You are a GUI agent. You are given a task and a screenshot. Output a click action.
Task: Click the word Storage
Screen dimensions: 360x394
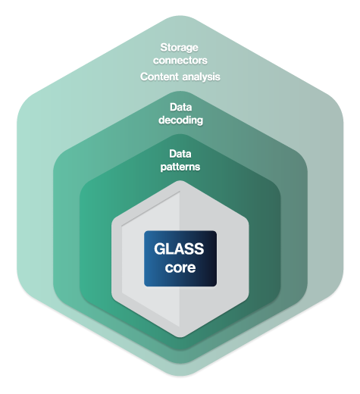180,48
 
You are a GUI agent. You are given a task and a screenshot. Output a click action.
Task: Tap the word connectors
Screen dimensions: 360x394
180,61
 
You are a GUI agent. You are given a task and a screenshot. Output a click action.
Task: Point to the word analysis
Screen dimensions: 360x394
201,77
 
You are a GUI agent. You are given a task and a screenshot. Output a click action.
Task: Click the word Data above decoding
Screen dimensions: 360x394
180,108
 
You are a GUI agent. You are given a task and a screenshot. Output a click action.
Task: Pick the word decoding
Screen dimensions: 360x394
180,120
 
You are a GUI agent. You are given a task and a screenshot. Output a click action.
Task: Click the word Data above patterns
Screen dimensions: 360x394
180,154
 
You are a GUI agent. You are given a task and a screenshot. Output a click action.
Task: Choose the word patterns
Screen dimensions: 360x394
180,167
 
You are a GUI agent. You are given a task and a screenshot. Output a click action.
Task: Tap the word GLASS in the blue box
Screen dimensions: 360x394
179,249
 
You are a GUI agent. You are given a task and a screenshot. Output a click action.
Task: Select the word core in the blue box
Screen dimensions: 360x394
180,267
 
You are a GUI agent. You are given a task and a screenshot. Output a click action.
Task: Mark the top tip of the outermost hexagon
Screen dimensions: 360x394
180,16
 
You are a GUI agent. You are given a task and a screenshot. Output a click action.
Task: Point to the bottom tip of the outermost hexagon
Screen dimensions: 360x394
180,377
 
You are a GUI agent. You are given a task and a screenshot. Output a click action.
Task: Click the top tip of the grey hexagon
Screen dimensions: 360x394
180,180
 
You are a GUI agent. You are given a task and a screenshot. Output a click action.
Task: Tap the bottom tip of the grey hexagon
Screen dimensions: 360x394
180,338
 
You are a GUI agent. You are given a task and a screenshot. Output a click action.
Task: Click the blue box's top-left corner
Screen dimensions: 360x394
144,231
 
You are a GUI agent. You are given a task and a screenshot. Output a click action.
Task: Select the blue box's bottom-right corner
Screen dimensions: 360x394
217,286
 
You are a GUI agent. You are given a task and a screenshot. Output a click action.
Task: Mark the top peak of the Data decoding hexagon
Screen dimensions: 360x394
180,91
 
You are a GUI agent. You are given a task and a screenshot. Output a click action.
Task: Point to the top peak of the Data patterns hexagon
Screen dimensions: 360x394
180,134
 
